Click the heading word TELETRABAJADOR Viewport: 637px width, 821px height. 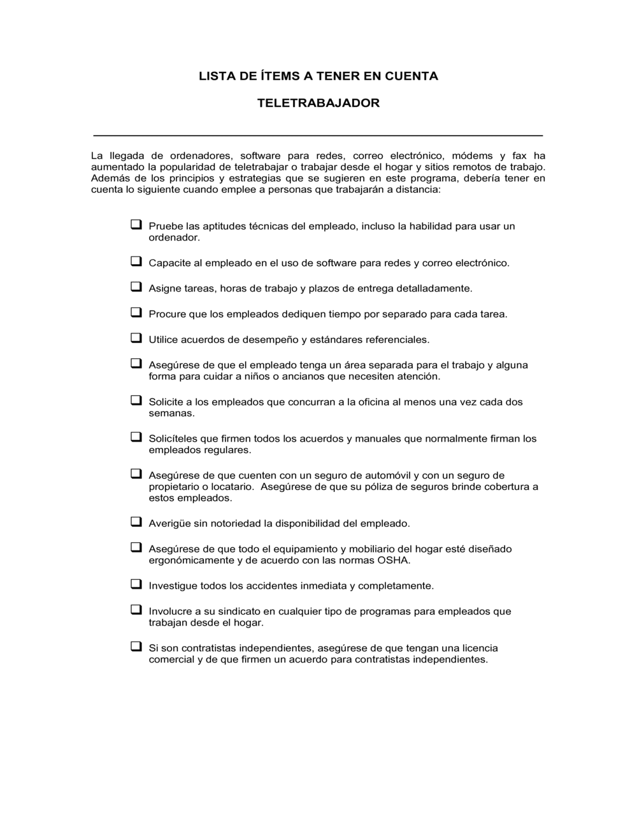coord(318,103)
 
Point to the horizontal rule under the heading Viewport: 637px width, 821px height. coord(318,136)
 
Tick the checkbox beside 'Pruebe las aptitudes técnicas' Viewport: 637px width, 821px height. coord(136,225)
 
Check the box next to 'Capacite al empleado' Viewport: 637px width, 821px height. coord(136,262)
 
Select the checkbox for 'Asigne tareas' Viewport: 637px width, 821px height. coord(136,287)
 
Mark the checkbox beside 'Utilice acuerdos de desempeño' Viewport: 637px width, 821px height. coord(136,338)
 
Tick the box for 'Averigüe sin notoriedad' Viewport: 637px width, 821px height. coord(136,522)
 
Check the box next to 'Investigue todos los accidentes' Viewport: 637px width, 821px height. coord(136,584)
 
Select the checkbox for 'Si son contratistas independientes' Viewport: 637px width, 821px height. coord(136,647)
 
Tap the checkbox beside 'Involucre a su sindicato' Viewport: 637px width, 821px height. coord(136,610)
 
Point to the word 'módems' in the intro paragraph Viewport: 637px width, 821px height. coord(472,156)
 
